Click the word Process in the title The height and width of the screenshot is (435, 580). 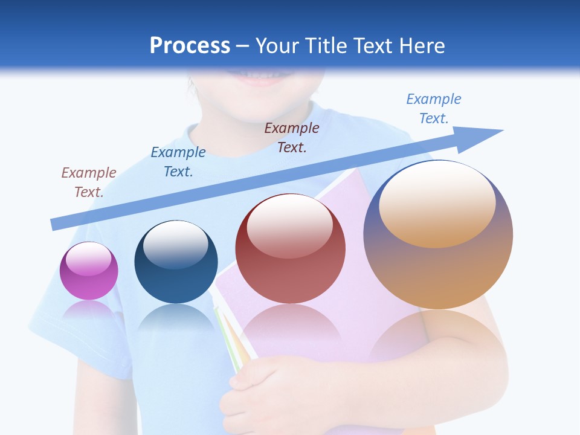[x=190, y=46]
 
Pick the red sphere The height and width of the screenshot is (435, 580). [x=290, y=254]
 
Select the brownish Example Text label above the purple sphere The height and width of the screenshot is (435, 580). [x=89, y=182]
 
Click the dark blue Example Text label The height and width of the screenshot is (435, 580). [x=178, y=161]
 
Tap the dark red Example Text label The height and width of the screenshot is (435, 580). [x=292, y=137]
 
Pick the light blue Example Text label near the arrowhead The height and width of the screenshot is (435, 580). [x=434, y=108]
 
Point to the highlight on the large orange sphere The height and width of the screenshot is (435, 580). [x=437, y=202]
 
